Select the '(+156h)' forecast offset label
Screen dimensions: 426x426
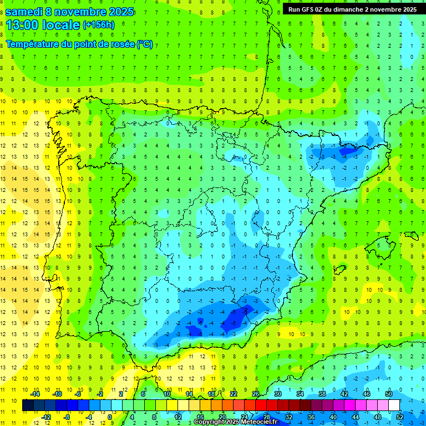pos(99,25)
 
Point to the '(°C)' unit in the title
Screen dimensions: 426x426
pos(144,44)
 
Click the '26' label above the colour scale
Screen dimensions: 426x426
pos(256,394)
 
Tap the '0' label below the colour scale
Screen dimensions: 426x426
pos(110,417)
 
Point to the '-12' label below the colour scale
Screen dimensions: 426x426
pos(47,417)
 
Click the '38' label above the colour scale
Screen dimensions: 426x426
pos(322,394)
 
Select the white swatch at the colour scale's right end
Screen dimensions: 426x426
pos(394,405)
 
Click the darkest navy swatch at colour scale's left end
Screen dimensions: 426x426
pos(28,405)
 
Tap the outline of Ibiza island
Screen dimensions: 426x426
pos(340,270)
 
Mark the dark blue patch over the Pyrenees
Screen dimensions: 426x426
pos(348,150)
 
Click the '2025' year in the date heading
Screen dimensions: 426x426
pos(118,11)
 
